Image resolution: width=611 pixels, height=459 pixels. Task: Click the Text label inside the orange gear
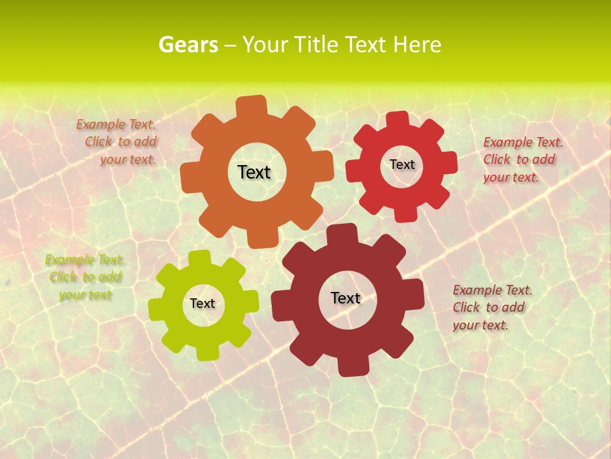point(254,172)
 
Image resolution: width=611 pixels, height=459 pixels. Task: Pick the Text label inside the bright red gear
point(402,164)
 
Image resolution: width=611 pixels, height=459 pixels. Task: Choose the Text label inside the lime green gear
point(202,303)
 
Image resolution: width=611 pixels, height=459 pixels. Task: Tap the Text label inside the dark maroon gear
point(346,298)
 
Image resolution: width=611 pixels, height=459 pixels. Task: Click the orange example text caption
point(117,142)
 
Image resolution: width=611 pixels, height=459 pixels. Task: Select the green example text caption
point(85,277)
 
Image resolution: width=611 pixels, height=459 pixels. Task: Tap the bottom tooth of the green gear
point(207,352)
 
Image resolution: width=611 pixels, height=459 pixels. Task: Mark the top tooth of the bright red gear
point(397,119)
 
